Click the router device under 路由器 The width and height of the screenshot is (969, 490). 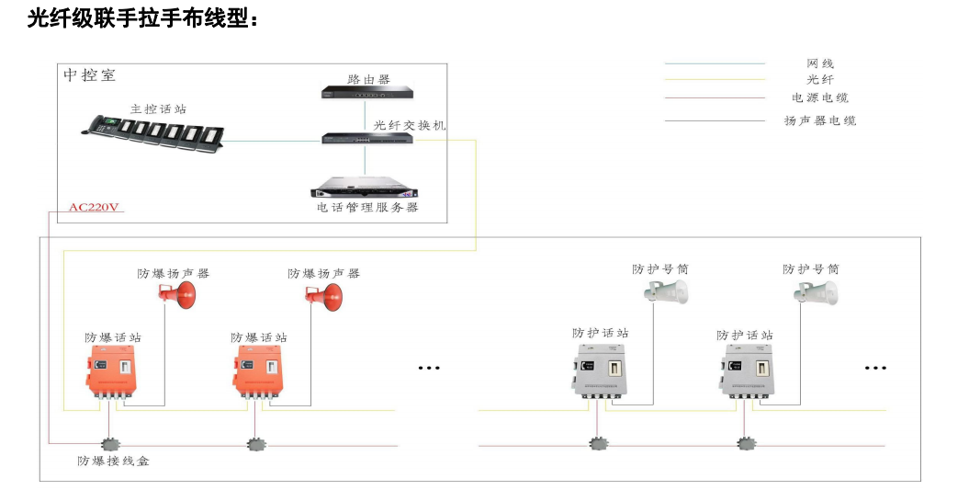[x=365, y=92]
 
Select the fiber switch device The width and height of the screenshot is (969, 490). [x=365, y=138]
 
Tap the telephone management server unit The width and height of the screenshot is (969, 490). [x=365, y=188]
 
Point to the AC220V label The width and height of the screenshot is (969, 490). [x=95, y=207]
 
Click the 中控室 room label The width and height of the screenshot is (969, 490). [x=89, y=75]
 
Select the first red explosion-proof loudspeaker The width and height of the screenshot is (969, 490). [x=179, y=294]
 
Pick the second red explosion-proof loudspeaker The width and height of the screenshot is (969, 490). [x=324, y=294]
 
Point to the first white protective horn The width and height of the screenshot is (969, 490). [x=667, y=292]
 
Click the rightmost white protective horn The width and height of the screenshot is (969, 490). [x=817, y=292]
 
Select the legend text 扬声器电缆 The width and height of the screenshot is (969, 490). [x=820, y=120]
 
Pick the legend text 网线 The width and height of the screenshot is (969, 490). [x=820, y=63]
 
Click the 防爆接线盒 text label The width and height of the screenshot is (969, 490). [x=113, y=461]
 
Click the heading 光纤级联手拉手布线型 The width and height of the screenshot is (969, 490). [x=141, y=17]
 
